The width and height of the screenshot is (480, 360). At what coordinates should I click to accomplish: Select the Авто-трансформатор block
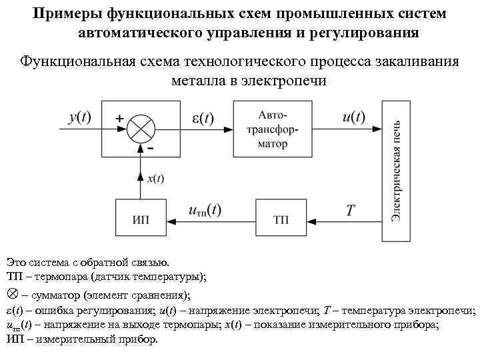click(271, 129)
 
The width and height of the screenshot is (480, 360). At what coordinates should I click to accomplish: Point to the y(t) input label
click(79, 117)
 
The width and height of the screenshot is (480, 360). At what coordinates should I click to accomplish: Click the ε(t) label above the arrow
click(198, 117)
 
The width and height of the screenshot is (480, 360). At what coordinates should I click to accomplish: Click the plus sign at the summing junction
click(119, 117)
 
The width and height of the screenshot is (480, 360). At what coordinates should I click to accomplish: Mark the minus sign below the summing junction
click(152, 148)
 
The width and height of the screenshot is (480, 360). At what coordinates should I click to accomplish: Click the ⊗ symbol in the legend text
click(11, 294)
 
